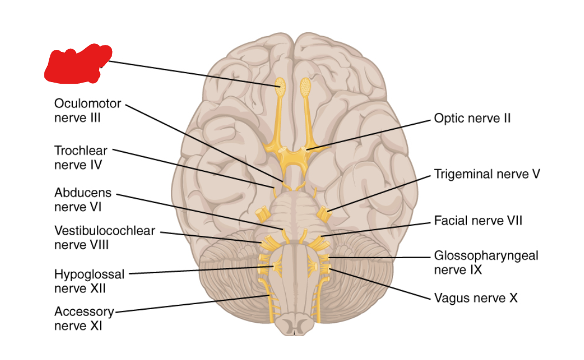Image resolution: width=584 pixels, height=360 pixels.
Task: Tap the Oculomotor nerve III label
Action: point(88,111)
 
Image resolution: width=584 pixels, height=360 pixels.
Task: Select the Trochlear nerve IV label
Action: point(80,156)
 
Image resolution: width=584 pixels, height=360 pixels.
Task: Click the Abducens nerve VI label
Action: point(83,200)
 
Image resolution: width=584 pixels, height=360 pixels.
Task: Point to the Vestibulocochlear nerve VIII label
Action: point(105,238)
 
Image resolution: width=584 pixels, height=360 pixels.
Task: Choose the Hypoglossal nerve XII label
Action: point(89,281)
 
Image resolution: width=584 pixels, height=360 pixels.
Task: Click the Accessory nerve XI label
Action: point(84,318)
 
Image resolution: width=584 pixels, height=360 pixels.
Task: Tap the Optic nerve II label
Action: point(472,118)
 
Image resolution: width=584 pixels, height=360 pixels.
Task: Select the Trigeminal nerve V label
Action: point(487,174)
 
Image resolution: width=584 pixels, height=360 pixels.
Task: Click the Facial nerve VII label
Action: point(478,220)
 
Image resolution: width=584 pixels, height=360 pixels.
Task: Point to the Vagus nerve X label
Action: point(475,298)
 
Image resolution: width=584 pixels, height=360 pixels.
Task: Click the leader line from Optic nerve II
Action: point(372,133)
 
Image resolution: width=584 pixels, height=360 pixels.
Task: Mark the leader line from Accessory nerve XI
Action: point(192,304)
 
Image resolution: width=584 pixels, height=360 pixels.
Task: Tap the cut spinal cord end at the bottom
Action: point(294,327)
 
